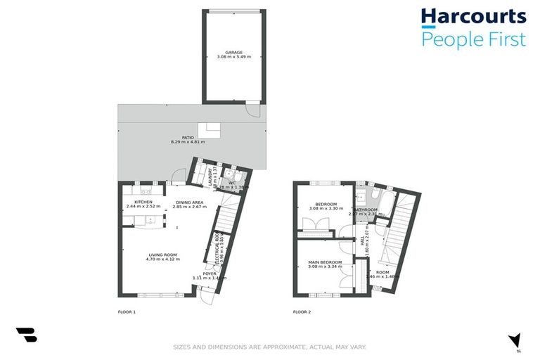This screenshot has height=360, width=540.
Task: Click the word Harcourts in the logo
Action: point(473,17)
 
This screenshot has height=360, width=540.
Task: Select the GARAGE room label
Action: point(234,53)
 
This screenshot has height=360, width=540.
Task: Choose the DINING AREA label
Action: point(188,202)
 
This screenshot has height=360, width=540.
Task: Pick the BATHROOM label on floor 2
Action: point(366,210)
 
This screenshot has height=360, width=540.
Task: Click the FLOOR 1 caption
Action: point(127,311)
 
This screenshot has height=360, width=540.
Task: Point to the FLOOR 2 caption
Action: point(302,311)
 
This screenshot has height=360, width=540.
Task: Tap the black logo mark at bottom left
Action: point(26,335)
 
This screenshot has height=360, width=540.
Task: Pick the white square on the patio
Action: point(209,130)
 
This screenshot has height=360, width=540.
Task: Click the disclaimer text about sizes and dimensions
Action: point(270,347)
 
